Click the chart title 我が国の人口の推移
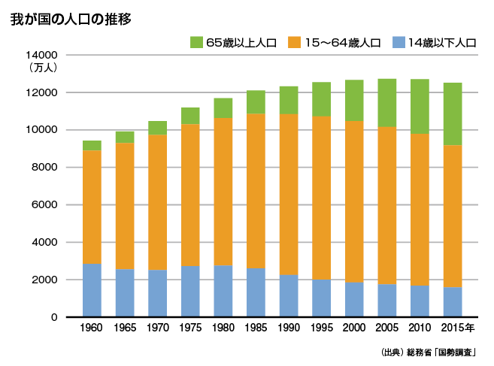click(71, 20)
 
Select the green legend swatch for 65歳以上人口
click(197, 42)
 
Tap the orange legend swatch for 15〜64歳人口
click(295, 42)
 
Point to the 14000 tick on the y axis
click(41, 55)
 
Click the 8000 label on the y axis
click(44, 168)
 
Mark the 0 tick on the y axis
click(54, 317)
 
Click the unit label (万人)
click(43, 68)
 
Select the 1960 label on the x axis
click(92, 329)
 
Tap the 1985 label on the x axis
click(256, 329)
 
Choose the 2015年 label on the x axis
click(456, 329)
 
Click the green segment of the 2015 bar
click(453, 113)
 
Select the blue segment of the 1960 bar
click(92, 290)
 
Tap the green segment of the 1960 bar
click(92, 145)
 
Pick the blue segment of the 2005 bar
click(387, 300)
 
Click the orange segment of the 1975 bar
click(190, 195)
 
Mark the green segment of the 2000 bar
click(354, 100)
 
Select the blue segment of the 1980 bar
click(223, 291)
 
